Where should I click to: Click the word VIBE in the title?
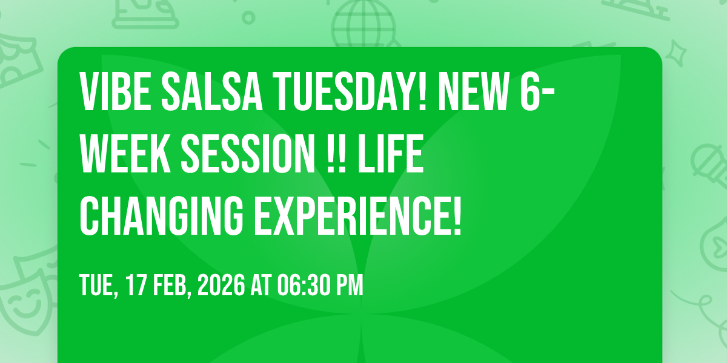(x=116, y=92)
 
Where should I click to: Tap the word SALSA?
(x=212, y=92)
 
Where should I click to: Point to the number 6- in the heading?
(x=537, y=92)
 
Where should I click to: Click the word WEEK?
(x=125, y=154)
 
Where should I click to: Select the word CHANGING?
(x=161, y=217)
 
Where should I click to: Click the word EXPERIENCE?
(x=357, y=217)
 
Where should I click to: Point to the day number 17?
(x=135, y=285)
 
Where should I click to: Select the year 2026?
(x=221, y=285)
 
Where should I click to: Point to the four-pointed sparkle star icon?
(x=676, y=53)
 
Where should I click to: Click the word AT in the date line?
(x=261, y=285)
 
